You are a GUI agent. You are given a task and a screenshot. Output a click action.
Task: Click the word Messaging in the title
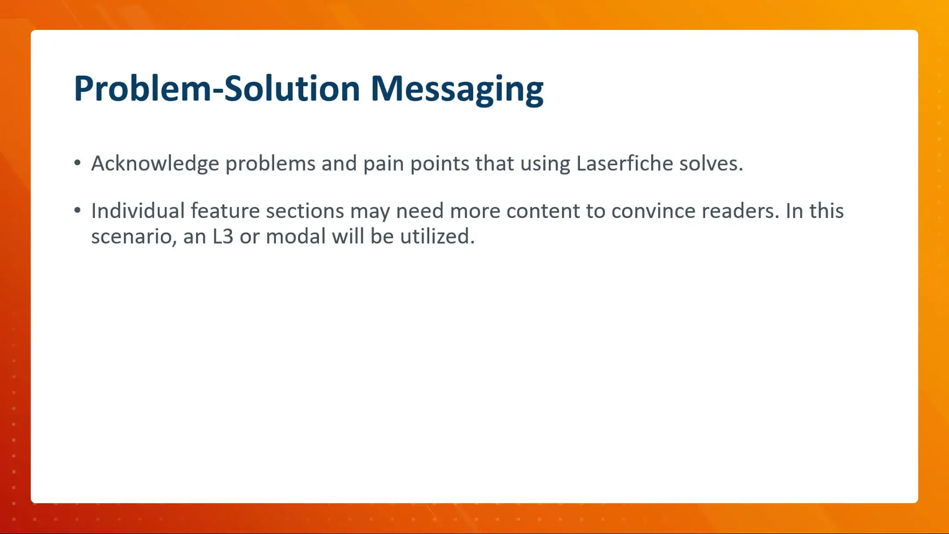click(457, 89)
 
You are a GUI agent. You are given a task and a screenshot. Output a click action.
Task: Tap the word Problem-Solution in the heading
click(217, 89)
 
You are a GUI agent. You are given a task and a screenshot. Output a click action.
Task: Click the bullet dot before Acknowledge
click(78, 163)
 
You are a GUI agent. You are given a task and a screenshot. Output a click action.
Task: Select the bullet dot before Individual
click(78, 211)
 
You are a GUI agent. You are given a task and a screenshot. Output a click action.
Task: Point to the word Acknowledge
click(155, 163)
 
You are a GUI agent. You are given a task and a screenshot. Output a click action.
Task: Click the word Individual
click(138, 211)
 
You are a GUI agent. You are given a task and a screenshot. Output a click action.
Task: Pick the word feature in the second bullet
click(225, 211)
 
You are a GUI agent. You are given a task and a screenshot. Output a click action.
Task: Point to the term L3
click(223, 236)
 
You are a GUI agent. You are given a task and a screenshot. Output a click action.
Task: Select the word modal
click(296, 236)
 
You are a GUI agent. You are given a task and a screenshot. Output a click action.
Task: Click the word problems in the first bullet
click(270, 163)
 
